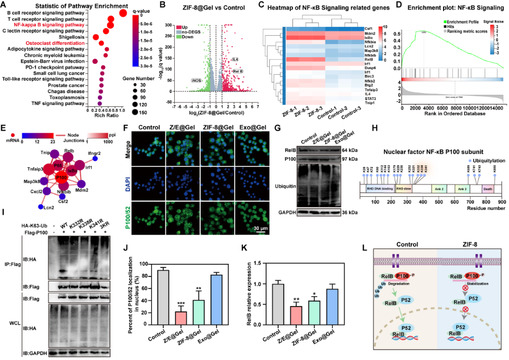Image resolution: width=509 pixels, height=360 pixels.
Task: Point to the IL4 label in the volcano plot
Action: (x=235, y=59)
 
